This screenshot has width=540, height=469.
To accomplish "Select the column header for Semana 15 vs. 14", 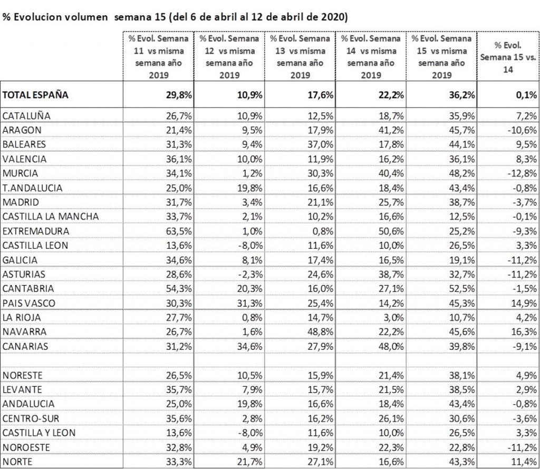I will pyautogui.click(x=507, y=56).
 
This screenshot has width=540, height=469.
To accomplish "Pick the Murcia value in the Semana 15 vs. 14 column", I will pyautogui.click(x=522, y=173).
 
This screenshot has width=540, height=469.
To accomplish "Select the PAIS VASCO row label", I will pyautogui.click(x=28, y=302).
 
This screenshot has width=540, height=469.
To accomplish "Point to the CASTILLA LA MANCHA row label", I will pyautogui.click(x=51, y=217).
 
